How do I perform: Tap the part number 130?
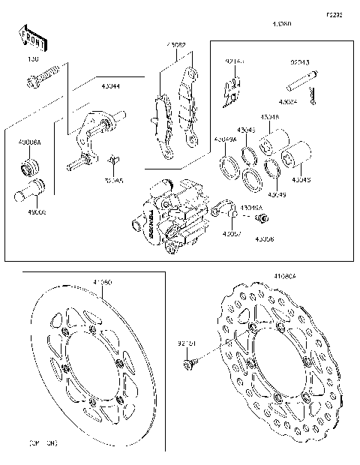coord(32,58)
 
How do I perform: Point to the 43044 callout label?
coord(111,86)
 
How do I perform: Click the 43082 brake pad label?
coord(176,45)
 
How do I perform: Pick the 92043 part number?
coord(301,62)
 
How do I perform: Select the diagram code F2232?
coord(334,14)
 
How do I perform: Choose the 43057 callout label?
coord(231,234)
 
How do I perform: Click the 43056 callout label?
coord(263,238)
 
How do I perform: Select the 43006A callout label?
coord(30,141)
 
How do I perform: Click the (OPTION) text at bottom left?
coord(43,444)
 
